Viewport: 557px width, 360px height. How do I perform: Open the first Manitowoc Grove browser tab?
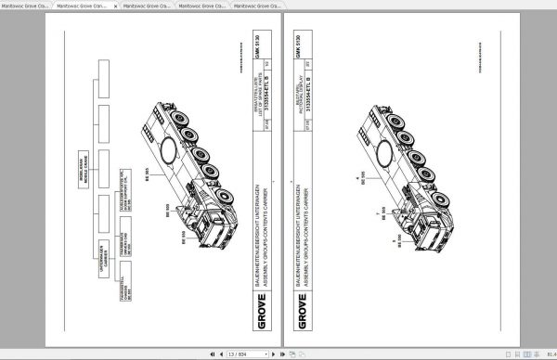tap(25, 5)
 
